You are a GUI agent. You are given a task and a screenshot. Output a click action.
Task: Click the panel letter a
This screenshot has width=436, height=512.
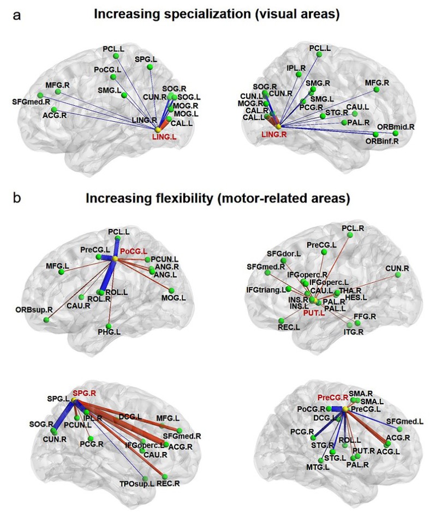coord(17,15)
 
